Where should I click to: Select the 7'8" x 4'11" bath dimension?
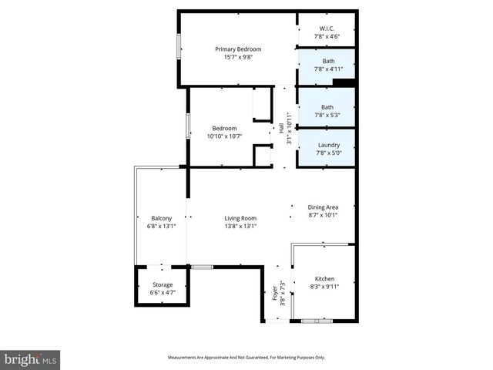pos(328,69)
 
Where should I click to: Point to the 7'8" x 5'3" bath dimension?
pos(328,115)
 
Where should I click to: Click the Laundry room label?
pos(328,145)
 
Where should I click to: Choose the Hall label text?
pos(281,129)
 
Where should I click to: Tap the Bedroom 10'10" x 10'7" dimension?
pos(224,136)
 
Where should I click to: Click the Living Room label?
pos(240,218)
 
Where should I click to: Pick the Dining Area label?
pos(323,207)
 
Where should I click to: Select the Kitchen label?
pos(324,278)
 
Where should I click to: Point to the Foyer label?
pos(274,294)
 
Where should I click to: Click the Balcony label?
pos(161,218)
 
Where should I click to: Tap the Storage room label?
pos(162,285)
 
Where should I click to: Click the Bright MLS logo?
pos(30,359)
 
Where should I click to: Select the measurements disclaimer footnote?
pos(246,357)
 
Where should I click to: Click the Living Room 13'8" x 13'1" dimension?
pos(240,226)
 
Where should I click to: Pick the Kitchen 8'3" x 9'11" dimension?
pos(324,286)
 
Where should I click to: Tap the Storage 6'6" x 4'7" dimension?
pos(162,293)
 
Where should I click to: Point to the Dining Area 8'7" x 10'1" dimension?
pos(323,215)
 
